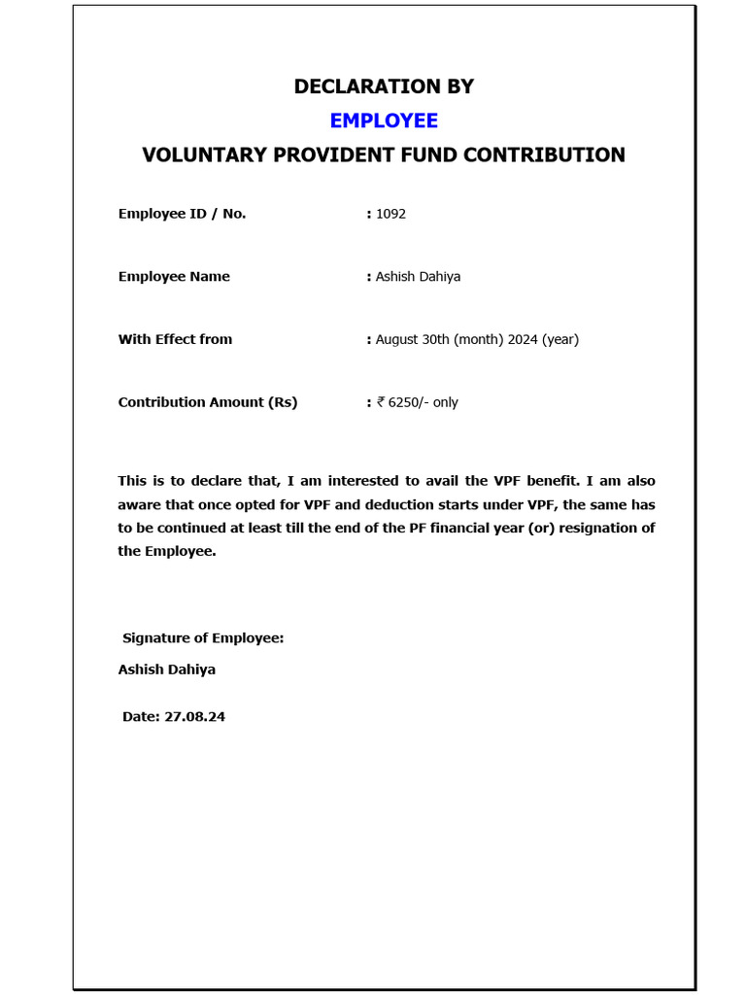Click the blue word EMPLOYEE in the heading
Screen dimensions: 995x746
pos(384,120)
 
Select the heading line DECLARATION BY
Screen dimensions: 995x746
pos(384,86)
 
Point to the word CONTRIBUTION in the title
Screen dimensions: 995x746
pos(545,155)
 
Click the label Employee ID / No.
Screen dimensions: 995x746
pos(182,214)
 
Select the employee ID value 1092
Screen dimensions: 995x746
pos(390,214)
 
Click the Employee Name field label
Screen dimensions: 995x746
pos(174,277)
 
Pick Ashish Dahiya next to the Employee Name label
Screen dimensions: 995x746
pos(418,277)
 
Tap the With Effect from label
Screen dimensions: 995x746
pos(175,339)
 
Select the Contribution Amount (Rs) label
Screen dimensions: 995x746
pos(208,402)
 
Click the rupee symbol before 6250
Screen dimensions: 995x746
pos(381,402)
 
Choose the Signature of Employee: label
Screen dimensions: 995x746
pos(203,638)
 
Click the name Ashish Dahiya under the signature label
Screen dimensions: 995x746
pos(167,669)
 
